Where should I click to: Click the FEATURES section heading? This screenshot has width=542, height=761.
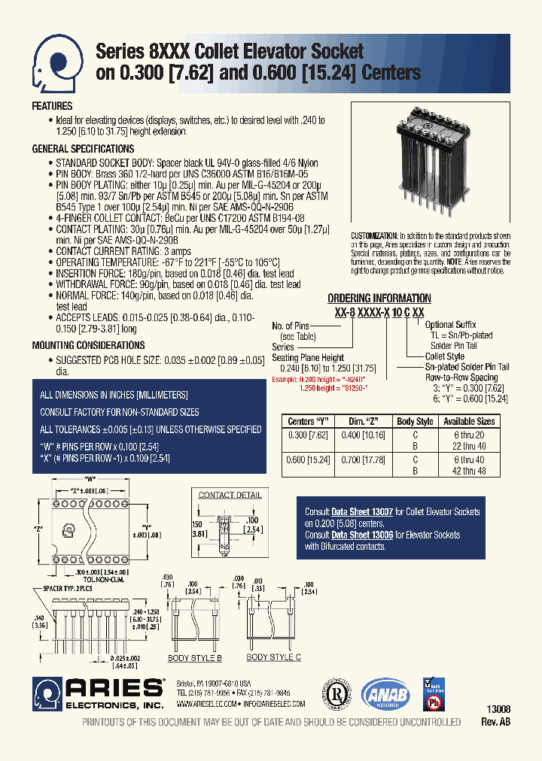coord(52,106)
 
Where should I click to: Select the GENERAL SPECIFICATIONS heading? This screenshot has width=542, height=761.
coord(83,149)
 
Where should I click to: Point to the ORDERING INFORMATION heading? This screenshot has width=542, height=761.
coord(379,299)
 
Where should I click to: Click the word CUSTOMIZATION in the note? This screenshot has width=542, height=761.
coord(374,235)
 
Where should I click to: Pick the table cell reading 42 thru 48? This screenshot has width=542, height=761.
coord(469,471)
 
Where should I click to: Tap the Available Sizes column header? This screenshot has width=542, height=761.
coord(469,422)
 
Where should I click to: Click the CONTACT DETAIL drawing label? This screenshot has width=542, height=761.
coord(230,495)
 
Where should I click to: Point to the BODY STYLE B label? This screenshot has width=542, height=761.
coord(194,658)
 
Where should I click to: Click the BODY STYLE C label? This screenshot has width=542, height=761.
coord(274,657)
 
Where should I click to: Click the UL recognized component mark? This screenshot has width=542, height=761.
coord(336,694)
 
